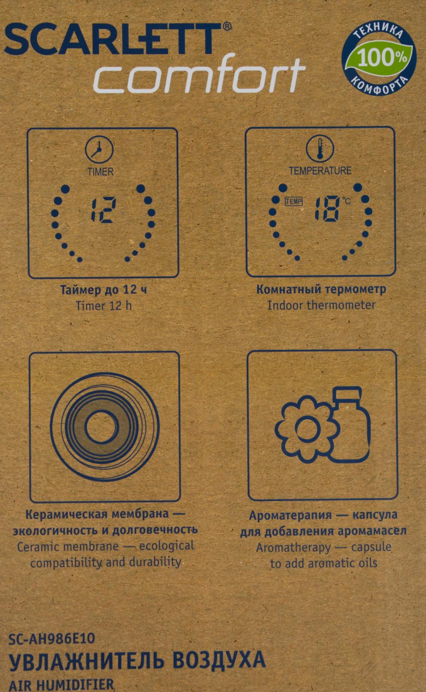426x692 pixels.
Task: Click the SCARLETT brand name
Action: (x=113, y=39)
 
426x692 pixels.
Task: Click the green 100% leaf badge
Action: (x=383, y=58)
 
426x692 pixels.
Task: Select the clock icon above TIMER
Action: (x=99, y=150)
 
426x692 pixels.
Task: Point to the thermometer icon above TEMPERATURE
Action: (x=320, y=149)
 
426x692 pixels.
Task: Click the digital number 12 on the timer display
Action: (x=104, y=210)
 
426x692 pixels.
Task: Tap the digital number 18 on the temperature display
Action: (x=327, y=209)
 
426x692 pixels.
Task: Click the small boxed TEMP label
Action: (x=294, y=202)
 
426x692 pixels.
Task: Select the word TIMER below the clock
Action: (x=101, y=172)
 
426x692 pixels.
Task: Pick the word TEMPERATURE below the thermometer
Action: (x=320, y=171)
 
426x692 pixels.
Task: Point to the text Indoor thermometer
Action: (x=321, y=305)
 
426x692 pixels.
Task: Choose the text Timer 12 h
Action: (x=103, y=306)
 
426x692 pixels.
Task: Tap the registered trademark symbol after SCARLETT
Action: (x=227, y=27)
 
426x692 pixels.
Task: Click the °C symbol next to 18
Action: (x=346, y=201)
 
